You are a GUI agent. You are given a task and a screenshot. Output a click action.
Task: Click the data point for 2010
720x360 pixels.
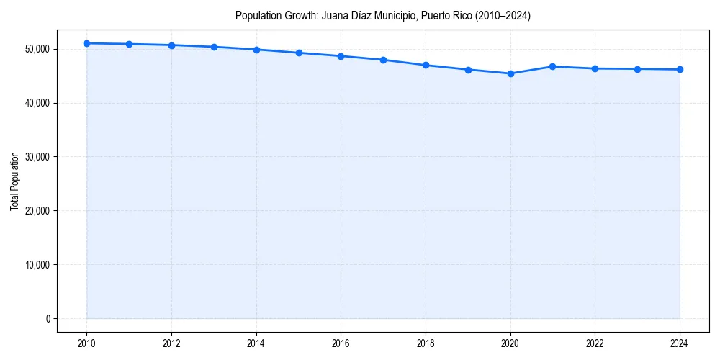tap(86, 43)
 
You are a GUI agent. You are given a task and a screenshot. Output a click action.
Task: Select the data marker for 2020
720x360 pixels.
tap(510, 73)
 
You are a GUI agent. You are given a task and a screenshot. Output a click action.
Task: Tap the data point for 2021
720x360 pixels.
tap(552, 66)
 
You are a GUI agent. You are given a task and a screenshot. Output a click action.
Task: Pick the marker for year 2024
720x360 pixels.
tap(680, 69)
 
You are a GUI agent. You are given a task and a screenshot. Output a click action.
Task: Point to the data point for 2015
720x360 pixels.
tap(299, 53)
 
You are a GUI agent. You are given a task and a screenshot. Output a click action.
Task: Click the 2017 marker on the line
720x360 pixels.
tap(383, 60)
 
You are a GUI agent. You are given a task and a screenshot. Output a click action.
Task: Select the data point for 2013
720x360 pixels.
tap(214, 47)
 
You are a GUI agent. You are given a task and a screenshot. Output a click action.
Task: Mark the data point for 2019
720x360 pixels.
tap(468, 70)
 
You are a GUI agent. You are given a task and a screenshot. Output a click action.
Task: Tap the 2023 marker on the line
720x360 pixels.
tap(637, 69)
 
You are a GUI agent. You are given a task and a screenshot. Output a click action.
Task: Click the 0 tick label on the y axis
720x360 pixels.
tap(48, 318)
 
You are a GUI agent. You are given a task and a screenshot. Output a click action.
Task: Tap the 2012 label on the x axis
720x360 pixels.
tap(171, 343)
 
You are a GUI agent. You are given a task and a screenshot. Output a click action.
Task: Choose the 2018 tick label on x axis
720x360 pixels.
tap(426, 343)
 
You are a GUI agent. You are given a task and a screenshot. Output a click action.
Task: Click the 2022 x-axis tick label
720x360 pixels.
tap(595, 343)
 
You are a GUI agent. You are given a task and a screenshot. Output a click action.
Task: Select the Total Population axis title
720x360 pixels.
tap(14, 181)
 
